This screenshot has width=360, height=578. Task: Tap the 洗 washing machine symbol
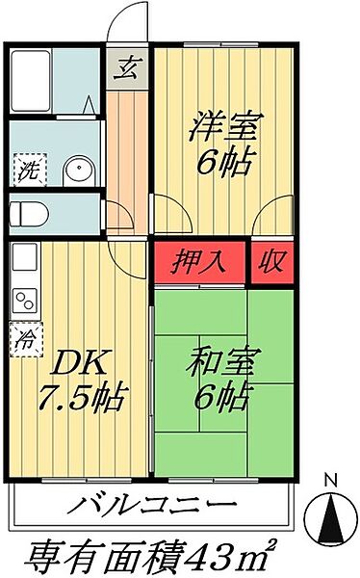(27, 173)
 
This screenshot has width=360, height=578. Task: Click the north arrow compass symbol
(330, 515)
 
